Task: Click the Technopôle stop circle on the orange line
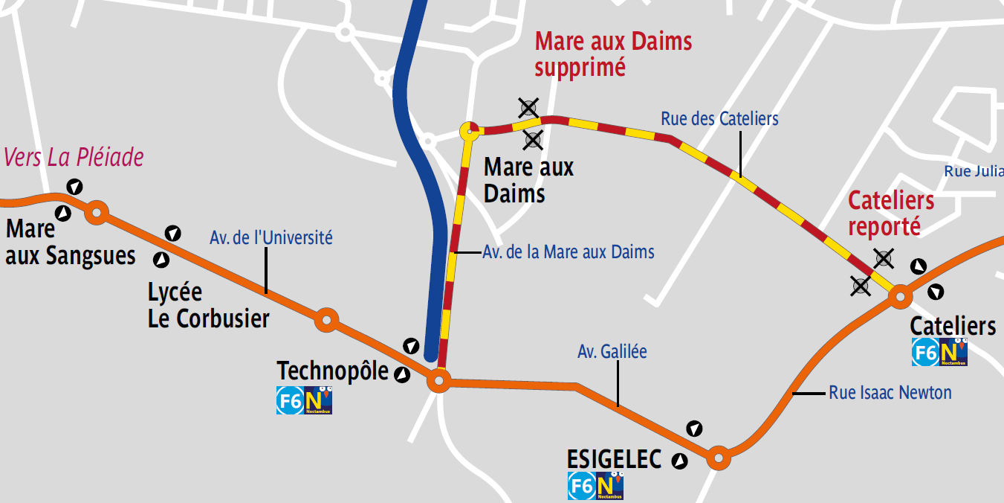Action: point(438,382)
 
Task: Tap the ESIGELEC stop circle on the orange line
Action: point(718,457)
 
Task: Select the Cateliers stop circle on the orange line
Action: point(900,297)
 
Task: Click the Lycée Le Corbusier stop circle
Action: point(326,320)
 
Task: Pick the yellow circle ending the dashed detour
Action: point(470,132)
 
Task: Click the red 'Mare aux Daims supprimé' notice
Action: point(613,54)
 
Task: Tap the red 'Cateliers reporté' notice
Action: point(891,213)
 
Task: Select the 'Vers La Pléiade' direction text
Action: point(74,158)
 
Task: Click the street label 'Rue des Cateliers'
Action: point(719,118)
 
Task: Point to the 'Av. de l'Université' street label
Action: point(271,238)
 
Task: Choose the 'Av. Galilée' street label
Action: point(612,351)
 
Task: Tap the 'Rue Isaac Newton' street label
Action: point(890,392)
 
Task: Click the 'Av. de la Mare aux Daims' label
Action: point(569,252)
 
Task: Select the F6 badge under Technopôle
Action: point(290,401)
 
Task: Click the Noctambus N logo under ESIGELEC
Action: point(609,487)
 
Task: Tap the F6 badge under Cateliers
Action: point(925,353)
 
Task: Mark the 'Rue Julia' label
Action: point(974,171)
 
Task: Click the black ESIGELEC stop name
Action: point(614,460)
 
